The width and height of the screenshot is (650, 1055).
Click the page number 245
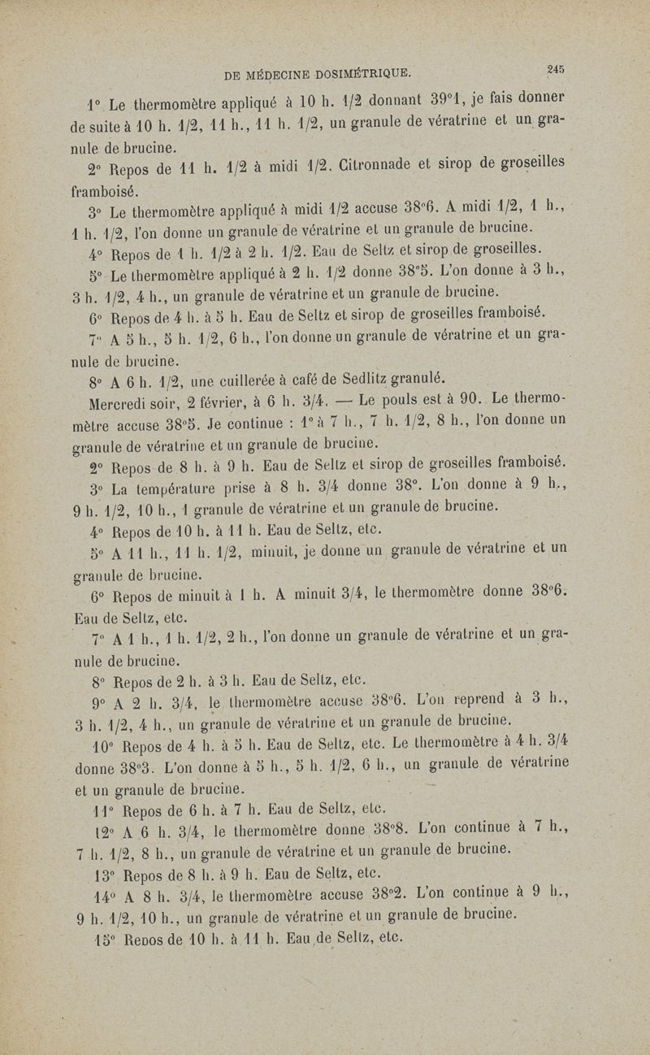(x=556, y=70)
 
